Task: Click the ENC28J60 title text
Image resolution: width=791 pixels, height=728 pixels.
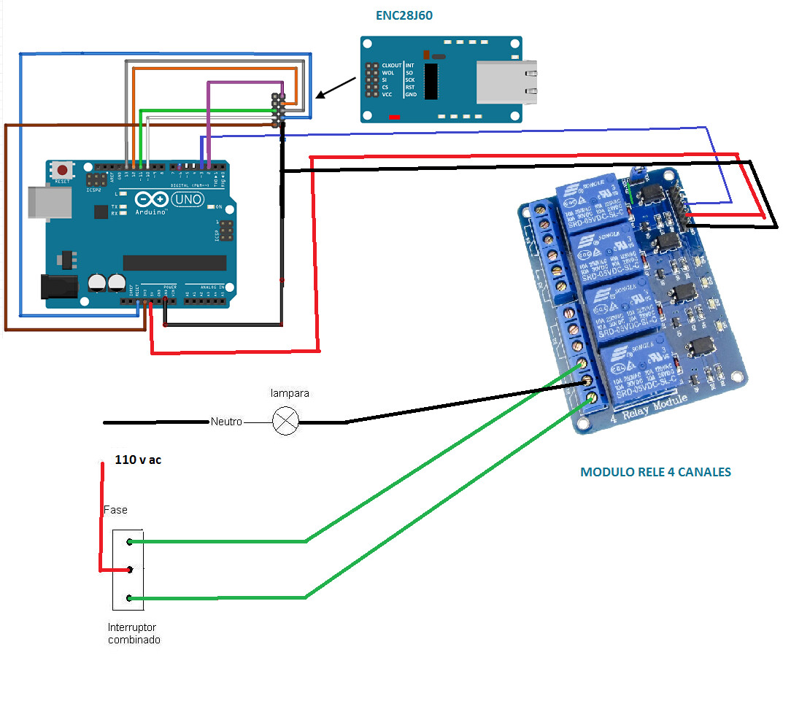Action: [404, 15]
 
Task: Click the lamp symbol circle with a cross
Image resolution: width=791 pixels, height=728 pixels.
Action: [285, 422]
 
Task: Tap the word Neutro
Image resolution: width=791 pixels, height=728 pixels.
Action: [226, 422]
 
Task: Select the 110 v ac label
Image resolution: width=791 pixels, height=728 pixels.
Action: [139, 460]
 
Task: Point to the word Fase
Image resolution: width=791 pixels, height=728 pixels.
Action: [115, 509]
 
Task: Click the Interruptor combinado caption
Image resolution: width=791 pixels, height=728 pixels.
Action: [134, 633]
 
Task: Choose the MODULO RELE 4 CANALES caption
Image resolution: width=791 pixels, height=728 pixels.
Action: [655, 472]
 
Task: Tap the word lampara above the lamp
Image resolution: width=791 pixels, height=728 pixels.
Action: [290, 392]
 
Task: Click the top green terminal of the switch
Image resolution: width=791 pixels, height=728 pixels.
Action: [129, 541]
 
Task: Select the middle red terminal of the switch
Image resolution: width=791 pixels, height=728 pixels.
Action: [129, 570]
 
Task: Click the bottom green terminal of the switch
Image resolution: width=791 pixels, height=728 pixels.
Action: [129, 598]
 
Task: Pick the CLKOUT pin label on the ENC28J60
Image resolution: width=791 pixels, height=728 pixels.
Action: [392, 66]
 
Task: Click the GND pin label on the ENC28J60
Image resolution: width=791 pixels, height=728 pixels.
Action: [411, 94]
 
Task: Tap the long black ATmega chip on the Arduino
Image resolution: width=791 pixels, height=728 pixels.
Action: [174, 263]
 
